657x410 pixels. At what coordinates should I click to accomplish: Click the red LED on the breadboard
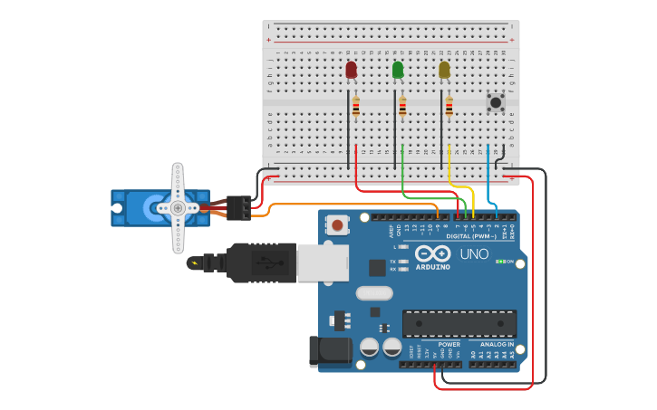[352, 70]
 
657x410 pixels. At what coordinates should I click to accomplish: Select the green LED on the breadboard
[398, 70]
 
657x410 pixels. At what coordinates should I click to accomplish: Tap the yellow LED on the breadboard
[444, 70]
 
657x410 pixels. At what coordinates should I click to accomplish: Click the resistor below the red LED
[355, 107]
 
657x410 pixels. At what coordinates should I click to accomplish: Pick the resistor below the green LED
[402, 107]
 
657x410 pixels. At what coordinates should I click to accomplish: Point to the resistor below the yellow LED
[449, 107]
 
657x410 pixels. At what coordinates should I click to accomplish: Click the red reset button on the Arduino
[337, 224]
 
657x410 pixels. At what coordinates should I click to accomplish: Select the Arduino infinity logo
[433, 253]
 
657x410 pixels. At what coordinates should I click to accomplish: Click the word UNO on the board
[474, 253]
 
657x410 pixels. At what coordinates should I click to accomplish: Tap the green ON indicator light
[499, 262]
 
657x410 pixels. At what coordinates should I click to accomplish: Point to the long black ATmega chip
[459, 323]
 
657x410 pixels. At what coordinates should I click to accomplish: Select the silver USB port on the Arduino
[322, 262]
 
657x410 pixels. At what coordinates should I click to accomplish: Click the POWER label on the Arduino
[449, 344]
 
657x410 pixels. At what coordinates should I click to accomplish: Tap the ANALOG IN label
[497, 344]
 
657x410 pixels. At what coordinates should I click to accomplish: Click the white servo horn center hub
[178, 207]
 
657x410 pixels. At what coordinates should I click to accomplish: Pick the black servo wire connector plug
[239, 208]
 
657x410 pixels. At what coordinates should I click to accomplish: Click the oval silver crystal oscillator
[373, 292]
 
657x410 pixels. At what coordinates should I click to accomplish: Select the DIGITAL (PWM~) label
[476, 237]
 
